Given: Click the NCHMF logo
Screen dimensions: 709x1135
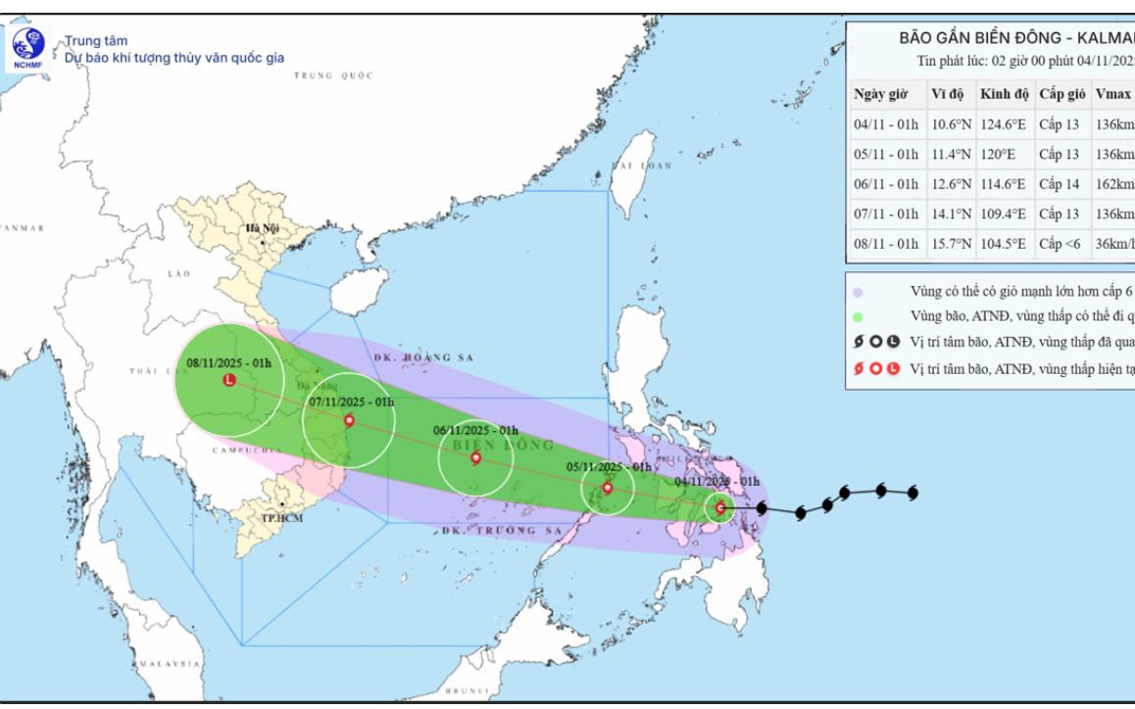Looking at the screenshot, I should [x=28, y=43].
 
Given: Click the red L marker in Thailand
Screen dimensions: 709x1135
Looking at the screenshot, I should [x=229, y=380].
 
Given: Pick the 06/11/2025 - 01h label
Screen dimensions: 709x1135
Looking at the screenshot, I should [x=475, y=430].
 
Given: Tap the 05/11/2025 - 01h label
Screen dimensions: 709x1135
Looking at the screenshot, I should [x=608, y=467].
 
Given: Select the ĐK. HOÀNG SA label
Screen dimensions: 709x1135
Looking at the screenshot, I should [x=423, y=358].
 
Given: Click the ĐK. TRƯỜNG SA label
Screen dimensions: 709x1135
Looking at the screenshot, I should [x=487, y=530].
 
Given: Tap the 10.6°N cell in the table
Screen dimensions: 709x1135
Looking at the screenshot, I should [x=947, y=124].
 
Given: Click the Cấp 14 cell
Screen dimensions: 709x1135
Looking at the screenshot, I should [x=1059, y=184].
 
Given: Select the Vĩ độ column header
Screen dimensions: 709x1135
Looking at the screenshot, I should [x=947, y=94].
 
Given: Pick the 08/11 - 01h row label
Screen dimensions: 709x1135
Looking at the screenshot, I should [x=885, y=244].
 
